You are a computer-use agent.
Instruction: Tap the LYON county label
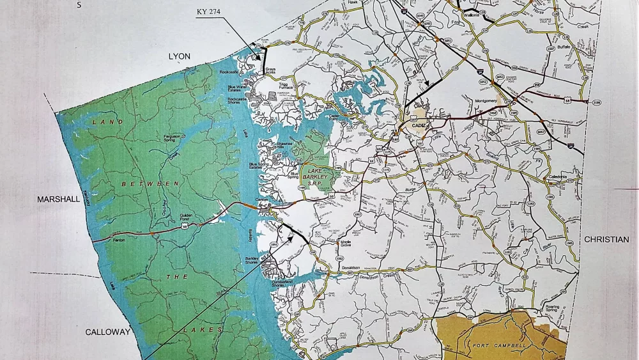click(180, 56)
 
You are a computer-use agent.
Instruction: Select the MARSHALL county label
click(58, 199)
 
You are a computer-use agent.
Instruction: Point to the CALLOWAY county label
click(108, 332)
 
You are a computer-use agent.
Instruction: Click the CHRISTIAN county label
click(606, 239)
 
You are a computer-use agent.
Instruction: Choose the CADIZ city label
click(419, 125)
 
